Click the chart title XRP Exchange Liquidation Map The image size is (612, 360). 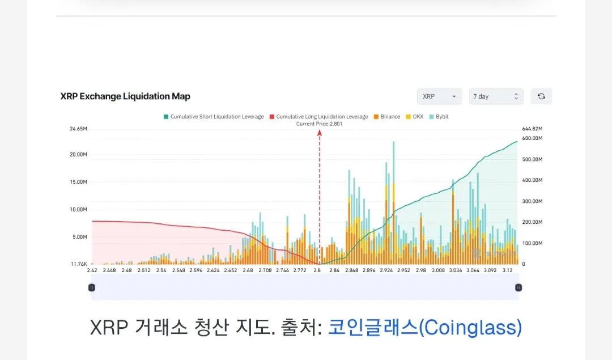(x=125, y=96)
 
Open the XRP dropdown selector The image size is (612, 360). (x=439, y=96)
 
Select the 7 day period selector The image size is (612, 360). (x=496, y=96)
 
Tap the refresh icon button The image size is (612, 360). (x=541, y=96)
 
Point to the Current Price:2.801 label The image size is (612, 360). (x=319, y=124)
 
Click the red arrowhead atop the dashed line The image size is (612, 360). (x=319, y=133)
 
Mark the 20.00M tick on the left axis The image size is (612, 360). (x=78, y=154)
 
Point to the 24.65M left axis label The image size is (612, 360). (x=78, y=129)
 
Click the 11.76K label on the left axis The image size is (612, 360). (x=79, y=264)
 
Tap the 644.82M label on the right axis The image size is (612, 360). (x=532, y=129)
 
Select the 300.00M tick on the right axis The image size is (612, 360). (x=532, y=201)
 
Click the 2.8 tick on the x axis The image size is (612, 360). (x=317, y=270)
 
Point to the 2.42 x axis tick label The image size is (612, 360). (x=92, y=270)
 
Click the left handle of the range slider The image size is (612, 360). (x=92, y=287)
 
